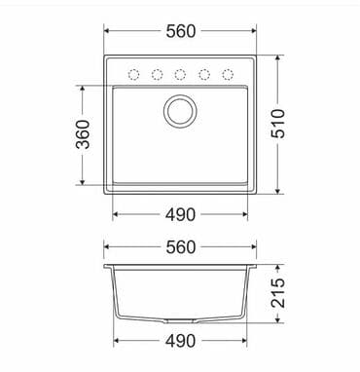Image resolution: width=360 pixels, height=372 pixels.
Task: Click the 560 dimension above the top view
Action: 180,31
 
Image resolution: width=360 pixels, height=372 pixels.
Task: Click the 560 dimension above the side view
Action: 180,247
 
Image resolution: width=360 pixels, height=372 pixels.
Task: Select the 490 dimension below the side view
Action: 180,341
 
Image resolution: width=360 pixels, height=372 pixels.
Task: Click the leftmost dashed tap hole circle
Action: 134,75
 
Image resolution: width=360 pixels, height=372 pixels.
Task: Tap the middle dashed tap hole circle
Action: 180,75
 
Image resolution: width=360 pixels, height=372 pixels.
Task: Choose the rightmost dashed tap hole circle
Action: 227,75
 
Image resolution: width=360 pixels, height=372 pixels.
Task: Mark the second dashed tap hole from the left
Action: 157,75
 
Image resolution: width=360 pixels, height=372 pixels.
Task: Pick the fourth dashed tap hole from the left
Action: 203,75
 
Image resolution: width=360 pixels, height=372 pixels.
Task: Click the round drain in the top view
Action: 180,111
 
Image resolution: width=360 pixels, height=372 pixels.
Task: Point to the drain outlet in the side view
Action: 180,320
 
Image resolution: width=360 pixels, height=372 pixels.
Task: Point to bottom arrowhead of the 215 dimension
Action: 279,319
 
